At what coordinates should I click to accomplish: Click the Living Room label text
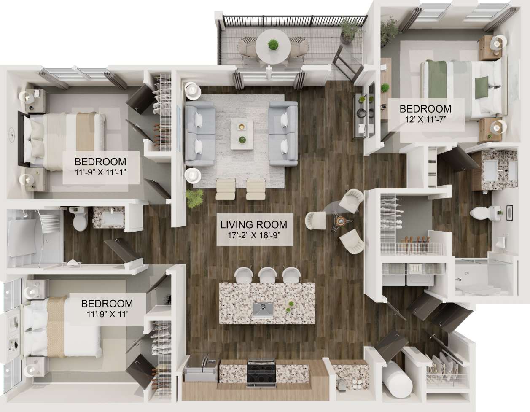254,225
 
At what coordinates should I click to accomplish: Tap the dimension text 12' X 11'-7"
425,119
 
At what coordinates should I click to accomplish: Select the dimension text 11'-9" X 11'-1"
100,172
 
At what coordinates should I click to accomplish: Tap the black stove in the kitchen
261,372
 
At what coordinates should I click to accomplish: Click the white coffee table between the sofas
242,134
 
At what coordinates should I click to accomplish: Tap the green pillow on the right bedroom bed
481,87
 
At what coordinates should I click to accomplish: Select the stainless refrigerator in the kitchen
201,370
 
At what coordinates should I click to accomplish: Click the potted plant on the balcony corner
349,30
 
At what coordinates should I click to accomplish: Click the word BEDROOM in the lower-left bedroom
107,304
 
